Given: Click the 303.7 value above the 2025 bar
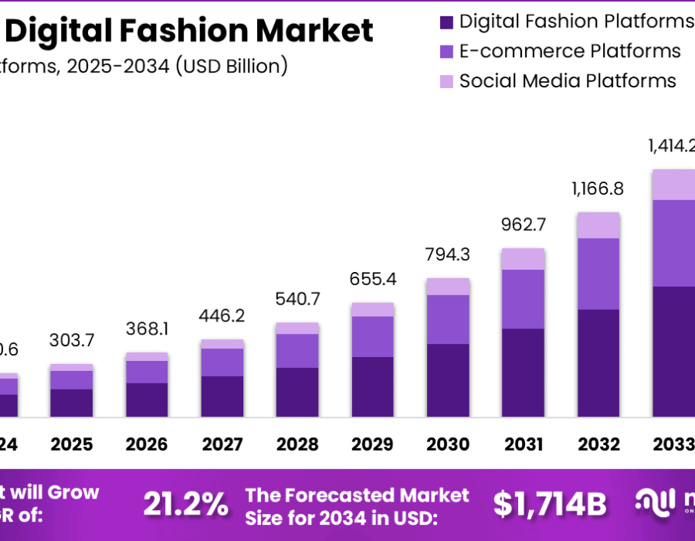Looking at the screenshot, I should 72,340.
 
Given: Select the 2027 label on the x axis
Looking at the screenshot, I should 222,444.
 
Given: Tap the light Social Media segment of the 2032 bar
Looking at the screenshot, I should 598,225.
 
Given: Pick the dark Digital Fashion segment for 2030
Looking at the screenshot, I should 448,380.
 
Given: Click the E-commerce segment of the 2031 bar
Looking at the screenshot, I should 524,299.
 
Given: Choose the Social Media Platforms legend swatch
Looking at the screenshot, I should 447,81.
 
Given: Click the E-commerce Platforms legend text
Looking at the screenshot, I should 570,52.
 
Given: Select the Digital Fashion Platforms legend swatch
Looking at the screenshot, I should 447,22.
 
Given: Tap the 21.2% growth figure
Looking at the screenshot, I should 186,504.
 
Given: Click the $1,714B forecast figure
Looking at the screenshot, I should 550,504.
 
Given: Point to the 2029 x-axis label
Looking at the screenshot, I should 373,444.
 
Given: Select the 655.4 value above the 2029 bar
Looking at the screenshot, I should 373,279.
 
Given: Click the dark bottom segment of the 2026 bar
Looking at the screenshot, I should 147,400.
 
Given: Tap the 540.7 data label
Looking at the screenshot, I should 297,299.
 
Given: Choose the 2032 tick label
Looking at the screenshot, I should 598,444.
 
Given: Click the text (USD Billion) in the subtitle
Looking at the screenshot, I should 231,66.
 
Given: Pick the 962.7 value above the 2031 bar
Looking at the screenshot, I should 524,226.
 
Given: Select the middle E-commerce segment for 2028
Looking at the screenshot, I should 297,350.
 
